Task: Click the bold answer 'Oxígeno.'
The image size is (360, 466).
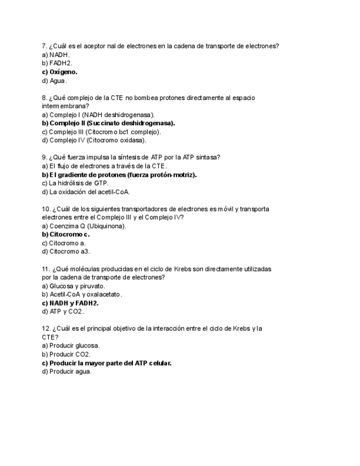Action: pos(63,72)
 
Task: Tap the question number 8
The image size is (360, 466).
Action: pos(44,98)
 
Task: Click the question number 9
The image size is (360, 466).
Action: pos(44,157)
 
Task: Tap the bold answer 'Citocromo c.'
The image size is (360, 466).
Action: pos(69,234)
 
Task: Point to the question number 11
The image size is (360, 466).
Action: pos(46,269)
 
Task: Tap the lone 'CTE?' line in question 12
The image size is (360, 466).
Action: pos(50,337)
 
